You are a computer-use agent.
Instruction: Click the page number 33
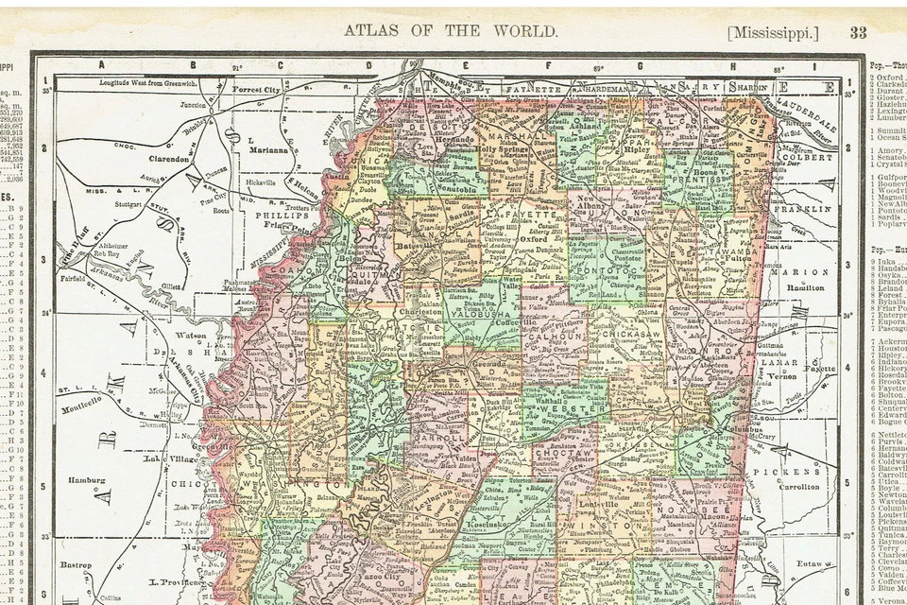[857, 32]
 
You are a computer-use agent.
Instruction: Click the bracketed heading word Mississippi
[772, 32]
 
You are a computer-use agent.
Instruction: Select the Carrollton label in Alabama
[798, 488]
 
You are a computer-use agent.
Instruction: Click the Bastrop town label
[76, 565]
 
